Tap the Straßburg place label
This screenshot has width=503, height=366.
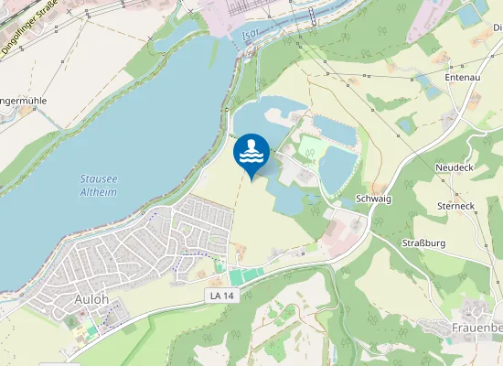tap(423, 242)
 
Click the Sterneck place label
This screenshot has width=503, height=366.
tap(455, 207)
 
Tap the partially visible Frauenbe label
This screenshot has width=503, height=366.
tap(476, 328)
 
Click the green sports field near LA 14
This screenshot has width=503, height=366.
tap(244, 275)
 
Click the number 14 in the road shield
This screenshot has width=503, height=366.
tap(225, 295)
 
